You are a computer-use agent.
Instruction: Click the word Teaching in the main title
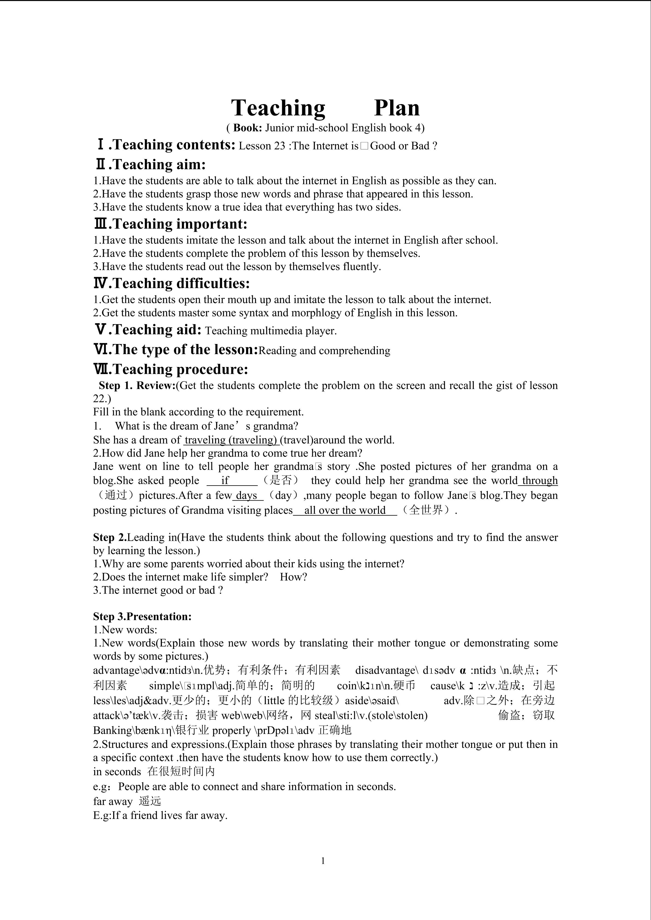[278, 108]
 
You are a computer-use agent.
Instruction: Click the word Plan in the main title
[397, 108]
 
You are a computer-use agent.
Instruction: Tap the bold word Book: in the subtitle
[248, 128]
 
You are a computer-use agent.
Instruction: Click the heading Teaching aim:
[159, 165]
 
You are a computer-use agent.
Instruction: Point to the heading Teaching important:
[180, 224]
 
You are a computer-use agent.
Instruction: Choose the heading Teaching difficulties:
[181, 284]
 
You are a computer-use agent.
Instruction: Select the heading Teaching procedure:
[180, 369]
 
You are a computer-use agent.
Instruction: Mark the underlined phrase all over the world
[345, 510]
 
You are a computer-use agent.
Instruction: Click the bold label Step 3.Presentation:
[142, 617]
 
